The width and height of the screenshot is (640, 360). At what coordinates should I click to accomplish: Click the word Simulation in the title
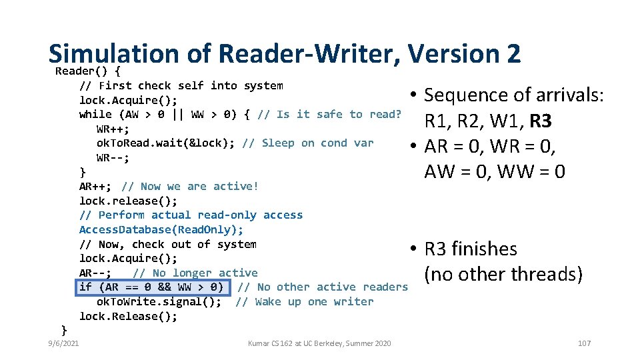(114, 53)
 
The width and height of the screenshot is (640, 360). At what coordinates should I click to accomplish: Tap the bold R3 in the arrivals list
(540, 121)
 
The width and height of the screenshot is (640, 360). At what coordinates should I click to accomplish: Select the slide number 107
(584, 343)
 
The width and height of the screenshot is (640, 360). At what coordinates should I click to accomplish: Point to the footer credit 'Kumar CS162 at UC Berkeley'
(319, 343)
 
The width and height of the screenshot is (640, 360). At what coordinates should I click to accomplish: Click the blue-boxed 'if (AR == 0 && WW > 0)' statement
(153, 287)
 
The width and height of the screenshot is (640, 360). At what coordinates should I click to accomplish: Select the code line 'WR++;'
(113, 129)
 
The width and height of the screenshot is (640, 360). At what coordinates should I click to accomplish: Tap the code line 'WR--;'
(113, 158)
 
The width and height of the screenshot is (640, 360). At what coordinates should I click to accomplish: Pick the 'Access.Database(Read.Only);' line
(161, 230)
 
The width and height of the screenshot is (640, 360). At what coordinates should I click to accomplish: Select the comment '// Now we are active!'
(190, 187)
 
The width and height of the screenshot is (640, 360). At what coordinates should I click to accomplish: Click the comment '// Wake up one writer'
(305, 302)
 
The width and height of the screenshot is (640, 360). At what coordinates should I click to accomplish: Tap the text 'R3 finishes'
(471, 249)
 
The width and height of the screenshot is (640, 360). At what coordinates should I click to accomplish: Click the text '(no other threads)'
(503, 274)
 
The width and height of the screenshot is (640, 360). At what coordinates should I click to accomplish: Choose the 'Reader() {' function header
(88, 71)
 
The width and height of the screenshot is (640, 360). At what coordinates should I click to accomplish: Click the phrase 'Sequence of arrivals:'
(514, 95)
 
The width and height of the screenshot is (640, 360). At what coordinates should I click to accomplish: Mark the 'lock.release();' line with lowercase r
(129, 201)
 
